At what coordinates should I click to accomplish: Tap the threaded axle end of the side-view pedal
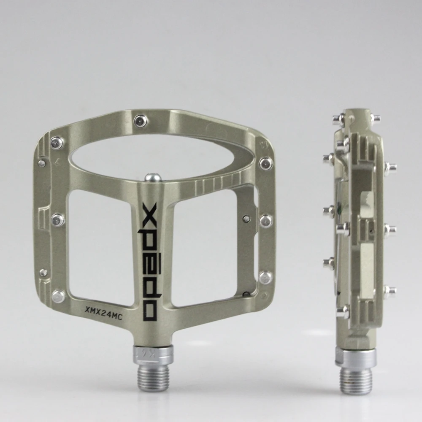(356, 378)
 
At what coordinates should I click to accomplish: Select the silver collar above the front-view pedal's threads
(153, 354)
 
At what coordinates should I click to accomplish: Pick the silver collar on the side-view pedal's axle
(355, 357)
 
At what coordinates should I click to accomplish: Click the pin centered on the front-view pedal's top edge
(141, 121)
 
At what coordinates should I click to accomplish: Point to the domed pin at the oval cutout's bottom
(153, 177)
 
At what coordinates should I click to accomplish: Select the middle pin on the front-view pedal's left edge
(58, 220)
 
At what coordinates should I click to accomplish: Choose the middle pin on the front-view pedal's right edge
(265, 220)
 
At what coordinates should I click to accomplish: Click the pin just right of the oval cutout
(265, 163)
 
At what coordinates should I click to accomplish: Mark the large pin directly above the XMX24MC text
(58, 296)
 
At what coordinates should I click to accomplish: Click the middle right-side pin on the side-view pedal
(390, 230)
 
